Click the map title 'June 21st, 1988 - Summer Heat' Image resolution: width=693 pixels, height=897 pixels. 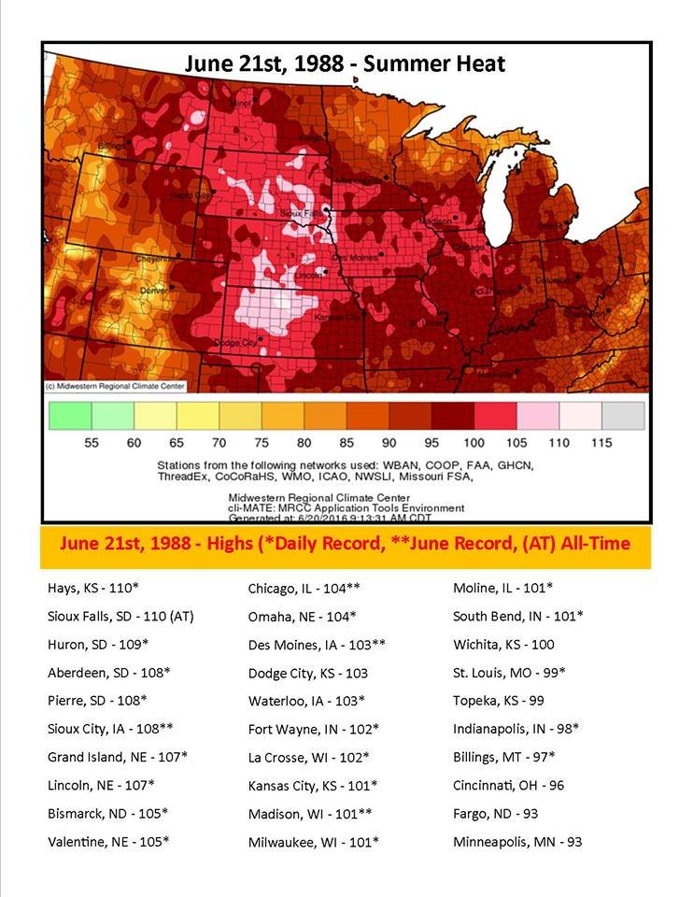[x=345, y=64]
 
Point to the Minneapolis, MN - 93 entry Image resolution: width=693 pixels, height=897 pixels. [x=517, y=842]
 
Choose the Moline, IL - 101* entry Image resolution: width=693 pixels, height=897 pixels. [x=502, y=589]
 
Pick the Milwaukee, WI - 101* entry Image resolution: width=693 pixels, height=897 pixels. [x=313, y=842]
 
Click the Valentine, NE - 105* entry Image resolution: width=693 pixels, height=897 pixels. [x=108, y=842]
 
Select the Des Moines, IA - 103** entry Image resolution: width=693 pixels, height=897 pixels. [x=317, y=645]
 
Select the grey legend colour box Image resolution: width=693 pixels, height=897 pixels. [x=622, y=415]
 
